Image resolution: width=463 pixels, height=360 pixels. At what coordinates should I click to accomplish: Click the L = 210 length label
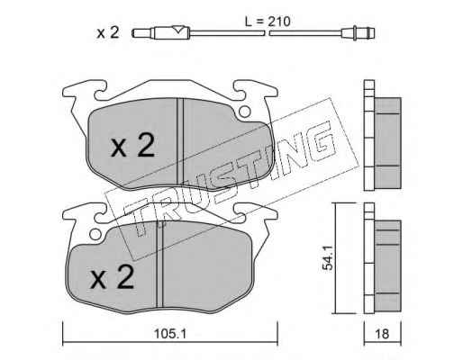[268, 21]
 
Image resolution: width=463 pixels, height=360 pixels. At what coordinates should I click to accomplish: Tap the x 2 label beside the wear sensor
[108, 32]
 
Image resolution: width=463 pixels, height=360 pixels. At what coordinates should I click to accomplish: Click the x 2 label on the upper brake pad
[133, 146]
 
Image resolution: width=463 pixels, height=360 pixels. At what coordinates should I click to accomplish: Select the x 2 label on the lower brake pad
[112, 277]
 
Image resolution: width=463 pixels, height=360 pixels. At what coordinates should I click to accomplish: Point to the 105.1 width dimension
[170, 334]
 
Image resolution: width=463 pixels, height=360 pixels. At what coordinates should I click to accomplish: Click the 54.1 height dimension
[327, 257]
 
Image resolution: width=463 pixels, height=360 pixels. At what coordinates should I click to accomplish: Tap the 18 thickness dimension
[382, 334]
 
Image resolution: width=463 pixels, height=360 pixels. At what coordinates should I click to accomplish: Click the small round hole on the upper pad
[245, 112]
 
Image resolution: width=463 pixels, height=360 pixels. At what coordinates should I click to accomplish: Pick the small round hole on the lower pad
[95, 234]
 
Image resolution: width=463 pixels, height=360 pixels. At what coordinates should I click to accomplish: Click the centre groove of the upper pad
[180, 141]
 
